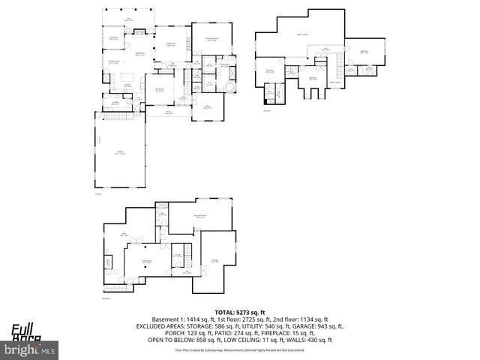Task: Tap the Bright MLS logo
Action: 31,349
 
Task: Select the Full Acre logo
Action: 27,330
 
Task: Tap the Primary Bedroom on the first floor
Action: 211,39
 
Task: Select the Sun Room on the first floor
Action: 114,39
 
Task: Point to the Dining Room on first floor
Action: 160,90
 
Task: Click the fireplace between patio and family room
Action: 139,31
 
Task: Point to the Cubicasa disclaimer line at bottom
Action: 240,350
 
